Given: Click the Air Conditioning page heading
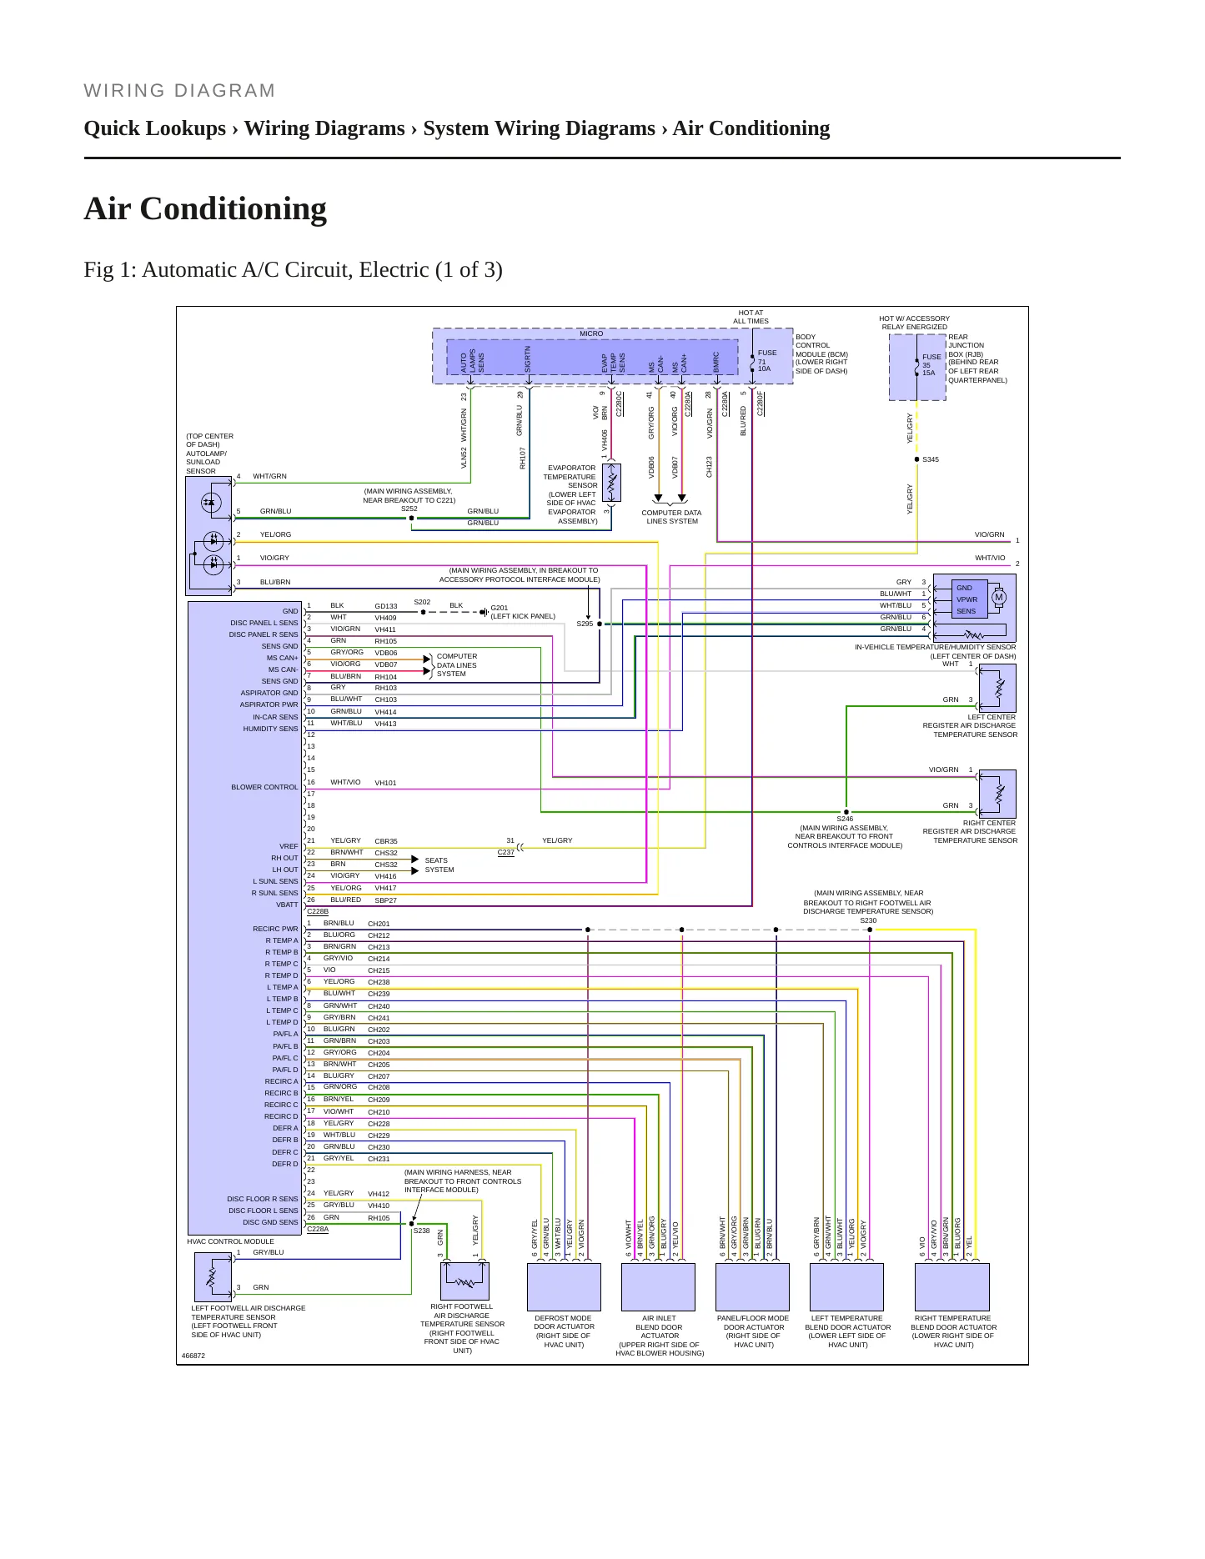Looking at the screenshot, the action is click(205, 208).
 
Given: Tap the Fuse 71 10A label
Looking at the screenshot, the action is click(766, 360).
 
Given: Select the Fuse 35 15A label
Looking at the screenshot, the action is click(931, 364).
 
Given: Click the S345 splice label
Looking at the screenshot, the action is click(931, 459).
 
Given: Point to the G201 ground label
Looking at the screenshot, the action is click(499, 608).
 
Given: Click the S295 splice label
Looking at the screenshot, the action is click(585, 624).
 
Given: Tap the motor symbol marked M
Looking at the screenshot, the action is click(998, 597).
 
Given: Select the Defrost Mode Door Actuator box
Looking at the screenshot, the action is click(564, 1286).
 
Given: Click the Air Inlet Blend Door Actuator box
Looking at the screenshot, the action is click(658, 1286).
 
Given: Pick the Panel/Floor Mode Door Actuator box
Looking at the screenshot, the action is click(752, 1286).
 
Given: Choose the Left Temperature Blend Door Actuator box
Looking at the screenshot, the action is click(846, 1286).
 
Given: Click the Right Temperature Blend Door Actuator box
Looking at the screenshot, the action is click(952, 1286).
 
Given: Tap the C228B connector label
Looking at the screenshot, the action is click(318, 911).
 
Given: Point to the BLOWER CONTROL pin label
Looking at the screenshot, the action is click(264, 787).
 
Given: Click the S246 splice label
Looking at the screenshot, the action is click(845, 819).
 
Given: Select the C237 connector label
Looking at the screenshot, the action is click(505, 852).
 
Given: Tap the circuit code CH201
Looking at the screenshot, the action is click(379, 924).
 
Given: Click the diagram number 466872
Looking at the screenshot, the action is click(193, 1356).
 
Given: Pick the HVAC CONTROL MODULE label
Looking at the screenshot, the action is click(230, 1241).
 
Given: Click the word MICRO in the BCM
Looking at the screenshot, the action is click(591, 333).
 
